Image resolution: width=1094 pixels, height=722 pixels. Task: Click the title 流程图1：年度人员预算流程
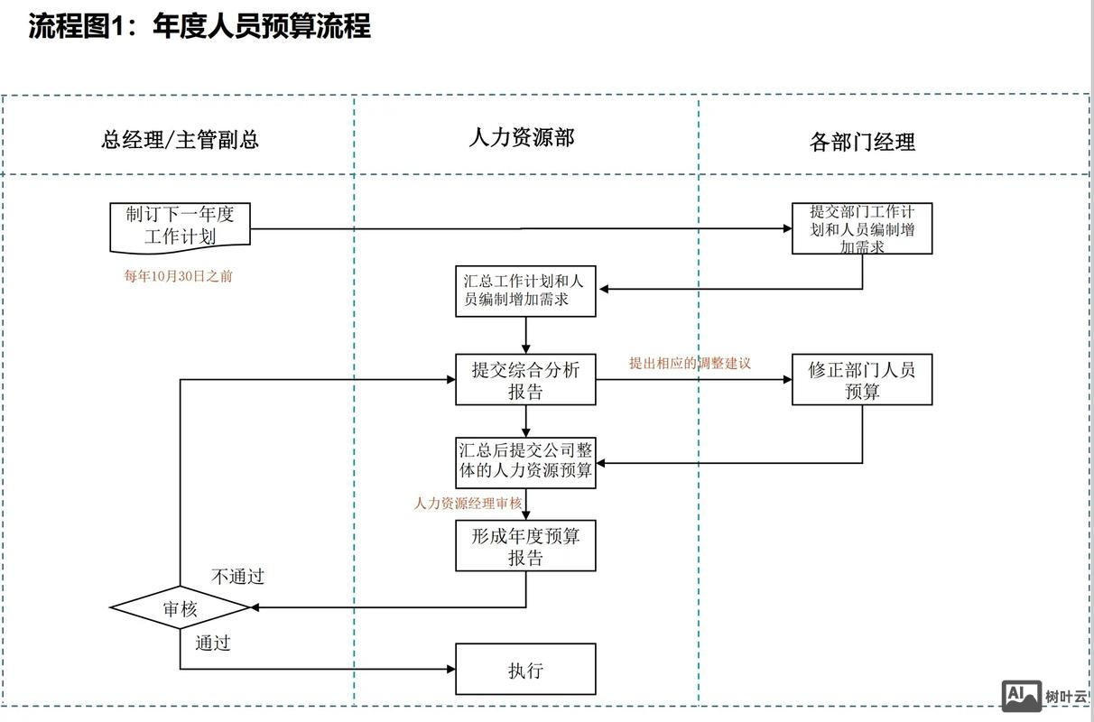(x=199, y=26)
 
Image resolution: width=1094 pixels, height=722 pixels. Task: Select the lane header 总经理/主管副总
(x=180, y=140)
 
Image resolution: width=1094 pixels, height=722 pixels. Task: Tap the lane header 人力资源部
(x=521, y=137)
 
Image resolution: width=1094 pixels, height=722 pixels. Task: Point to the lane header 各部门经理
(x=862, y=142)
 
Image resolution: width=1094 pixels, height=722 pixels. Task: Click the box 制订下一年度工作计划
(x=180, y=226)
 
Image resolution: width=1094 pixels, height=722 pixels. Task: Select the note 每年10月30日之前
(x=178, y=276)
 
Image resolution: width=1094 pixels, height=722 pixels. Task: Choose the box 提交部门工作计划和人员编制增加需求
(x=862, y=228)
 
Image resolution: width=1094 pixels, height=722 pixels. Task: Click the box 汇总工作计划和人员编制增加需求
(x=525, y=291)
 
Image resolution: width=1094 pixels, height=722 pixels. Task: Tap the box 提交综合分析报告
(x=525, y=380)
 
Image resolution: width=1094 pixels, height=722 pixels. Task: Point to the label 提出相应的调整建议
(x=690, y=363)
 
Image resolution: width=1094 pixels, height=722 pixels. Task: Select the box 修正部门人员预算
(x=862, y=380)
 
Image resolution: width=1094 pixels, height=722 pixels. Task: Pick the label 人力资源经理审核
(x=468, y=504)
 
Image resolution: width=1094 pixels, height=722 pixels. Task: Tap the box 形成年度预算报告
(x=525, y=547)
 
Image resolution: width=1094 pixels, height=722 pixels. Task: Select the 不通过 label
(x=237, y=577)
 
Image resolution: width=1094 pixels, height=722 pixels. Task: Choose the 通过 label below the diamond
(x=213, y=643)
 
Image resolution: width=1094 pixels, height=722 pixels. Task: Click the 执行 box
(x=525, y=670)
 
